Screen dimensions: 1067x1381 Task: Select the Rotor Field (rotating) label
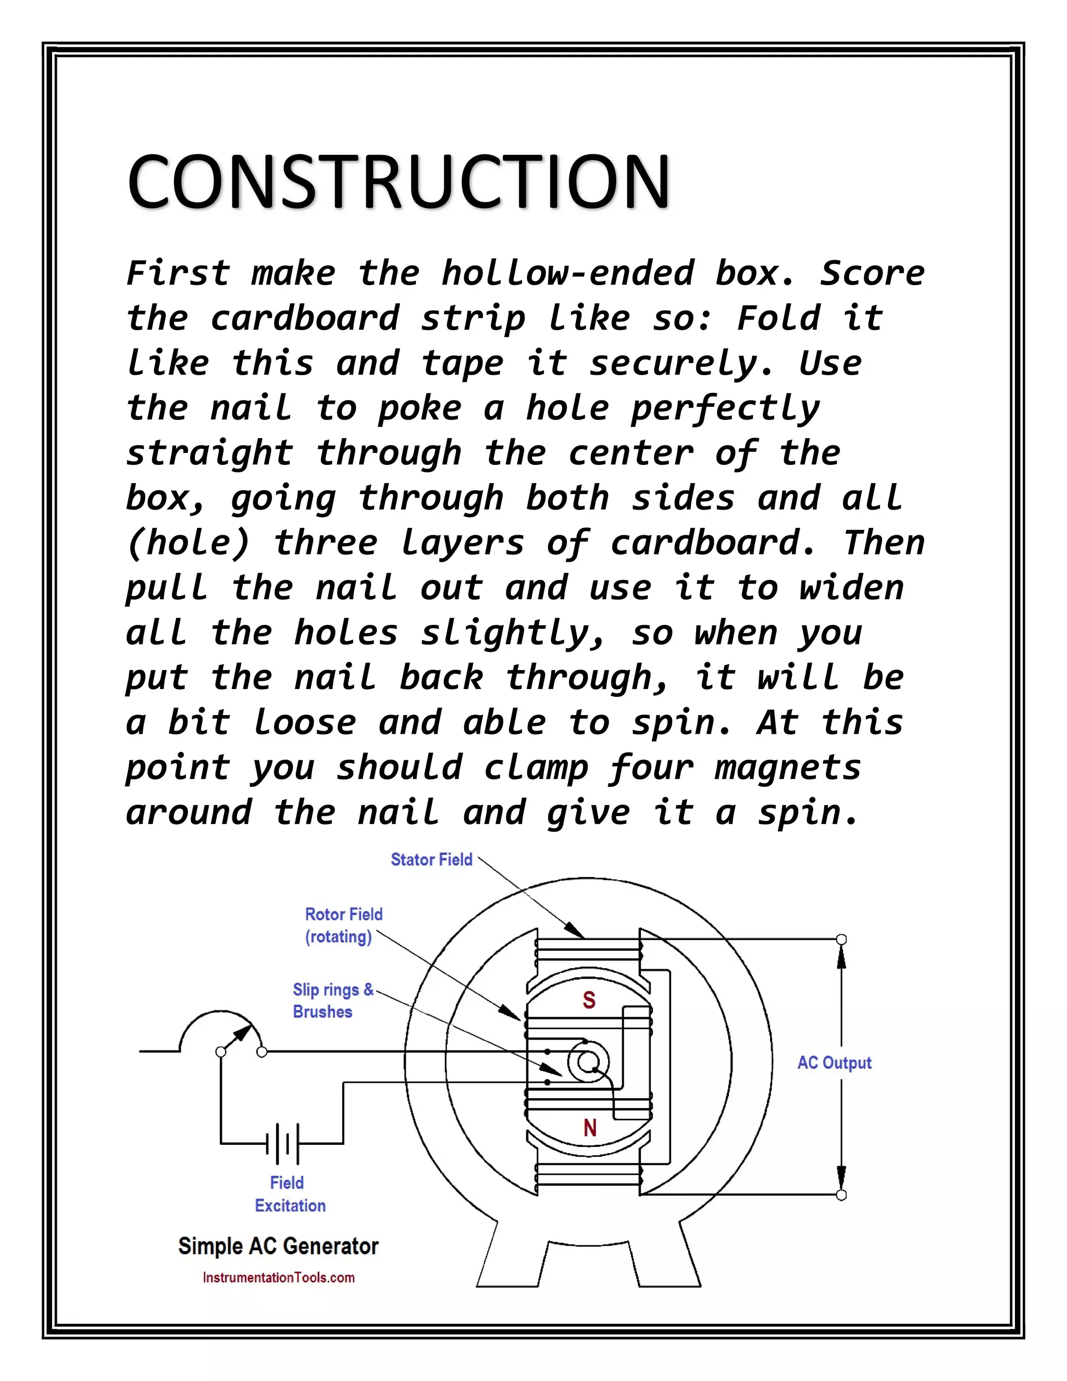[x=343, y=925]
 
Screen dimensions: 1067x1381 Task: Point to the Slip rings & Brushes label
[x=332, y=1001]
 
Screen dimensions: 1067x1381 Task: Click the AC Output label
[x=834, y=1063]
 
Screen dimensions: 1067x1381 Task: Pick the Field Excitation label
[x=290, y=1194]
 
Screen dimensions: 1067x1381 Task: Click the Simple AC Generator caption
[x=278, y=1247]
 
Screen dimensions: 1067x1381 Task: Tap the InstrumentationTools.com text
[x=278, y=1277]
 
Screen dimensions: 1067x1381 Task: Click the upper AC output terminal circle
[x=841, y=940]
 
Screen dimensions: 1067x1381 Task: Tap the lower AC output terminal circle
[x=841, y=1194]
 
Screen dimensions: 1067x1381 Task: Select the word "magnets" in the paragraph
[x=788, y=768]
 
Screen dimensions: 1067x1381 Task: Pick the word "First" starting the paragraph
[x=178, y=273]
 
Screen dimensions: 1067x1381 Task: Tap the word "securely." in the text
[x=681, y=364]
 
